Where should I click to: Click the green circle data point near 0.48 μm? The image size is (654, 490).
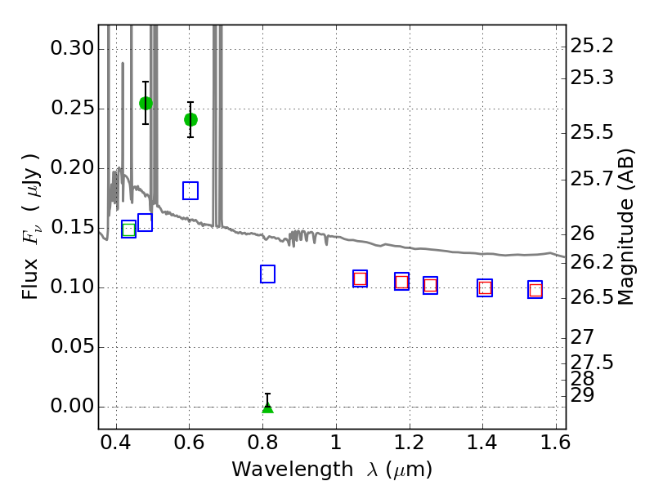coord(146,103)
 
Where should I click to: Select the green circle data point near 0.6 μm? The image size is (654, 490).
coord(190,119)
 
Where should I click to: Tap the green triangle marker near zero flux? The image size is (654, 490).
coord(267,406)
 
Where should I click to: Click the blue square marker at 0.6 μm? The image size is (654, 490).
coord(190,190)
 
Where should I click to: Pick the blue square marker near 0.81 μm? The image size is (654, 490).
coord(267,274)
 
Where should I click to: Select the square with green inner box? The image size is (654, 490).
coord(128,229)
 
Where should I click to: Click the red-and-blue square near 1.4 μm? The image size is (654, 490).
coord(485,287)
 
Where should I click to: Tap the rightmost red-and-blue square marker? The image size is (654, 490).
coord(535,290)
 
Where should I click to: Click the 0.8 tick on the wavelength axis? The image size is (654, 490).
coord(263,447)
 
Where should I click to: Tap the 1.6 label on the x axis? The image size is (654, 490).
coord(555,447)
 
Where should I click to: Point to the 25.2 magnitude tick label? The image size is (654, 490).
coord(593,45)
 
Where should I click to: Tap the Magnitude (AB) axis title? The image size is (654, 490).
coord(627,227)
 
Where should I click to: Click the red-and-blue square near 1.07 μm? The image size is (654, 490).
coord(360,278)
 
